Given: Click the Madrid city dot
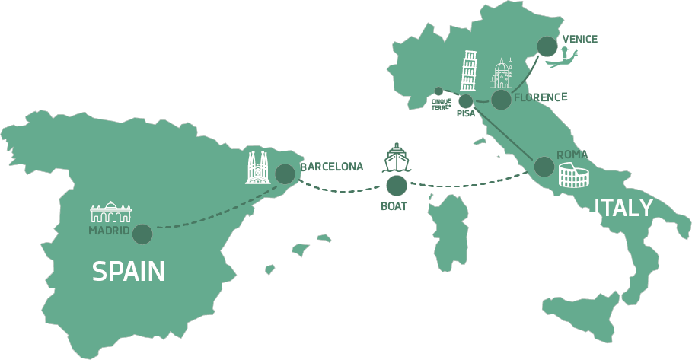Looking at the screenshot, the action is pos(142,234).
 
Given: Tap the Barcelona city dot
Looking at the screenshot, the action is pos(285,174).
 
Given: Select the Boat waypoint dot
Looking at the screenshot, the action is pos(397,186).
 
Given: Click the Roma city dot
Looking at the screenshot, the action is pos(544,167).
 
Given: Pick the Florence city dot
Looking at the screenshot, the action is pos(501,100).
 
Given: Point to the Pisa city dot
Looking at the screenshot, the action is pos(466,101).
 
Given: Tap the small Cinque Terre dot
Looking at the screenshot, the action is pos(438,91).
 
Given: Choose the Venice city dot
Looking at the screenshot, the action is pos(547,46).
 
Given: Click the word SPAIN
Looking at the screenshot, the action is pos(129,271).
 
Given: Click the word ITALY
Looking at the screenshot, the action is pos(623,208).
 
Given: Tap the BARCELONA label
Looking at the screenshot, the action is pos(332,167).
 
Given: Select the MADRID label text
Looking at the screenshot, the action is pos(109,231).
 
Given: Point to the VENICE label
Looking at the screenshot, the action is pos(580,40).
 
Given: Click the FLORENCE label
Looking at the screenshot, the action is pos(541,97).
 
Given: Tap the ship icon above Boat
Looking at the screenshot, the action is pos(397,158).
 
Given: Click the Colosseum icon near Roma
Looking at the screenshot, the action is pos(574,175).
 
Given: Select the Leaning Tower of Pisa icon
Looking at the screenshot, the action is pos(468,71).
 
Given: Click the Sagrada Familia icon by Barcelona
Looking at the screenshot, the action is pos(258,167).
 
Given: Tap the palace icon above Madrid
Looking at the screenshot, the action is pos(111,212).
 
